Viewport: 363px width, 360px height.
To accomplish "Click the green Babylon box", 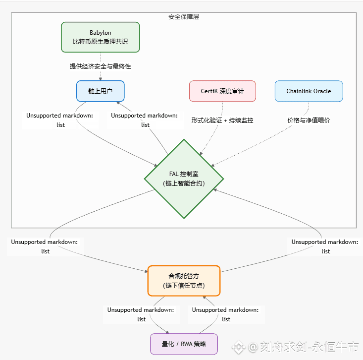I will [101, 37].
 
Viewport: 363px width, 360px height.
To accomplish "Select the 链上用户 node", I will [100, 91].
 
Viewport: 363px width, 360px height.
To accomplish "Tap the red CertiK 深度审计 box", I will [222, 91].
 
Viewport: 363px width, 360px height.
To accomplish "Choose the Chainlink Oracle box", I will [309, 91].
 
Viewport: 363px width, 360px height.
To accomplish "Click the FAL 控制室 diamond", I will [184, 179].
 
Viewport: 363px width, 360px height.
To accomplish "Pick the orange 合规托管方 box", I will [184, 281].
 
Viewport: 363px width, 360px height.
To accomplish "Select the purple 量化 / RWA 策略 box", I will [184, 344].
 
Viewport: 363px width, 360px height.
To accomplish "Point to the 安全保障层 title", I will [184, 16].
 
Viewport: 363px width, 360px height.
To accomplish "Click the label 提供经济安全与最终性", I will [101, 66].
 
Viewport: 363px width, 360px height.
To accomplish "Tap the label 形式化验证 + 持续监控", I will [222, 120].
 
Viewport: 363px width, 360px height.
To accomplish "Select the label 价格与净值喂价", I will [309, 120].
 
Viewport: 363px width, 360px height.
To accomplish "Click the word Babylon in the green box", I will [101, 33].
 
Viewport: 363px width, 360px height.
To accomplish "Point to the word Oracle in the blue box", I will [321, 91].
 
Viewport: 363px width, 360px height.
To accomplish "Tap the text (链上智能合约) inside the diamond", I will [184, 183].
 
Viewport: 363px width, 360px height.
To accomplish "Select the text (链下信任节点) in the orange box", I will [184, 286].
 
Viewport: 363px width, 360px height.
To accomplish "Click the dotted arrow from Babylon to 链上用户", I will [101, 74].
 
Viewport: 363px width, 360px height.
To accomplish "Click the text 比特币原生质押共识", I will [101, 42].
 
